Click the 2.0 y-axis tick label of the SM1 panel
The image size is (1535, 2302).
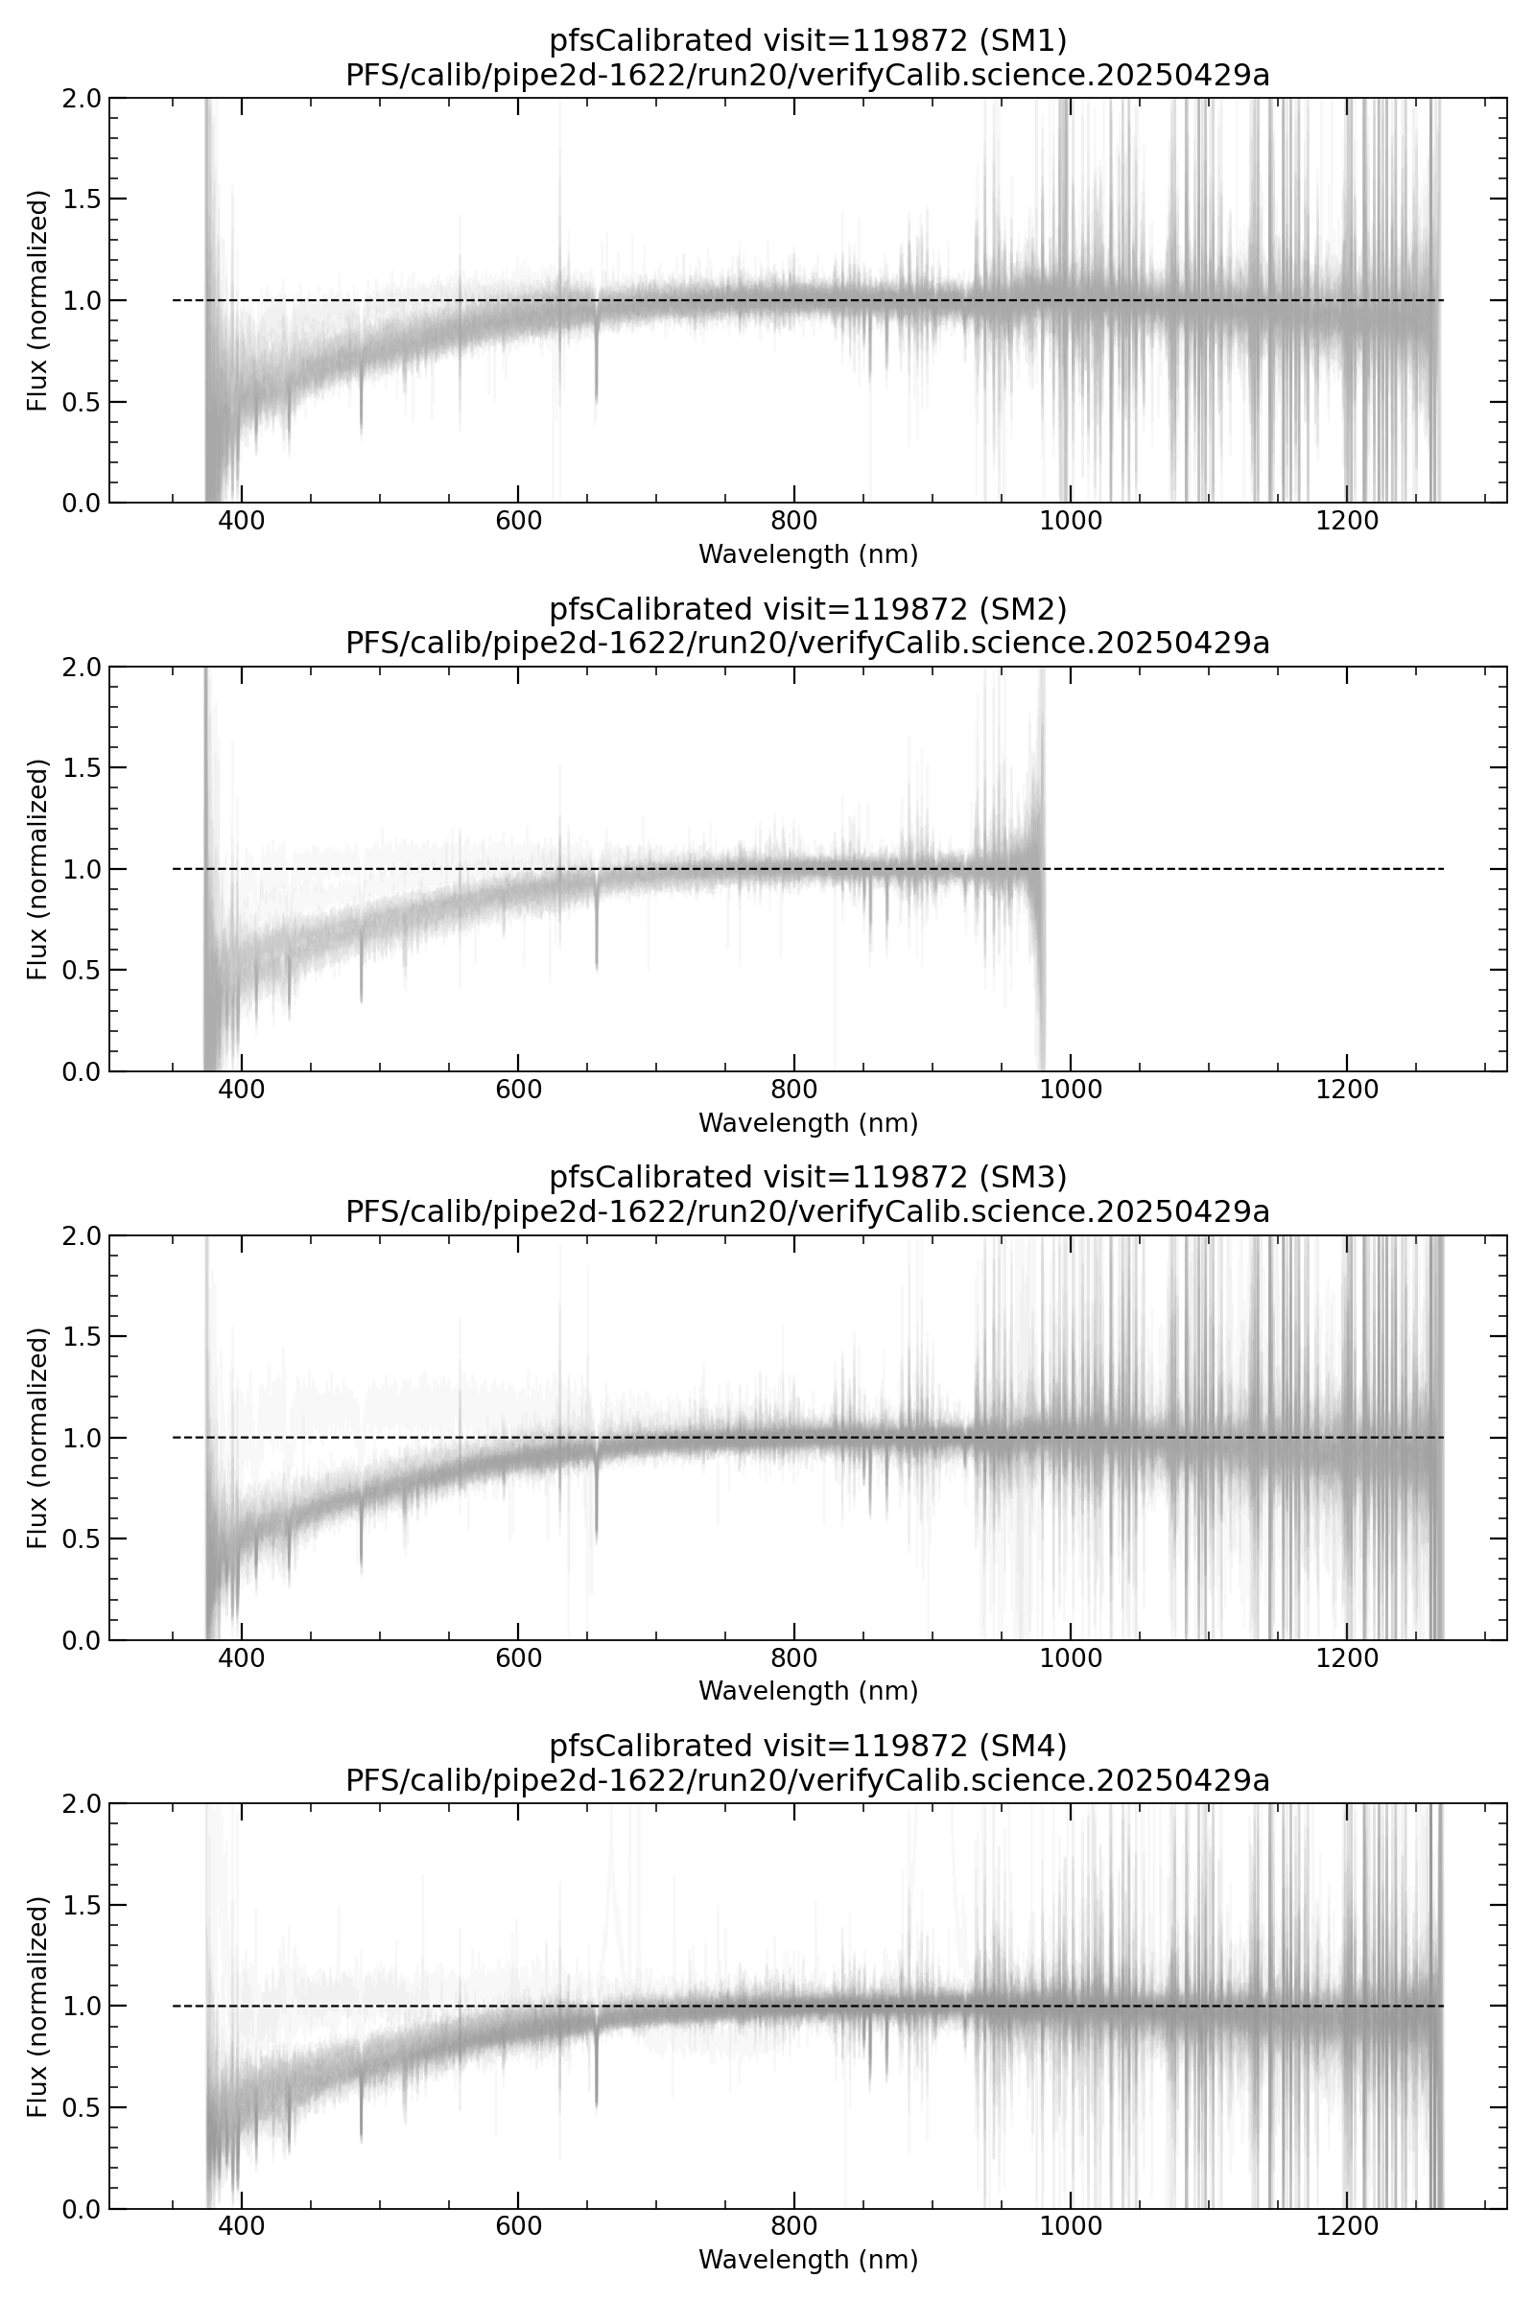click(83, 98)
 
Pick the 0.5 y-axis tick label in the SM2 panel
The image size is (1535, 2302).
click(83, 970)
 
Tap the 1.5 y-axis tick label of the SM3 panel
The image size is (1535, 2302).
click(83, 1336)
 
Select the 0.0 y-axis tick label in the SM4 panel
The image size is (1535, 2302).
click(83, 2209)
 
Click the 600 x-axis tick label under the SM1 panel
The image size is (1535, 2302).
click(518, 522)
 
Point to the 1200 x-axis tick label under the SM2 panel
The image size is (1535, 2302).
click(1347, 1091)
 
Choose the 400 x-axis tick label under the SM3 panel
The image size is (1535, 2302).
click(241, 1659)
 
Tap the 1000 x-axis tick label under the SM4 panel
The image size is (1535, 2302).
click(1070, 2227)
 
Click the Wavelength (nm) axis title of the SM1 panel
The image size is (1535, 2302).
click(808, 555)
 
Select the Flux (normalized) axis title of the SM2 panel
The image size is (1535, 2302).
click(37, 869)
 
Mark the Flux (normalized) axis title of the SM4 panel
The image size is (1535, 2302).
click(37, 2007)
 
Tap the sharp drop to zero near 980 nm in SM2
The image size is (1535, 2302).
click(1043, 1038)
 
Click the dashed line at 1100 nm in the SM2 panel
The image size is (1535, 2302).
click(1209, 869)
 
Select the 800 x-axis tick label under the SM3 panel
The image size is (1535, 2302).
click(794, 1659)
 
